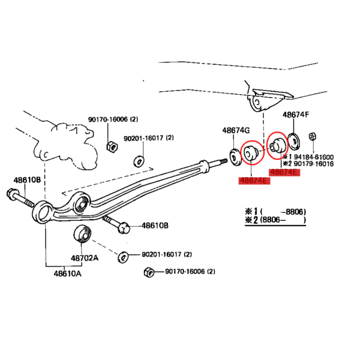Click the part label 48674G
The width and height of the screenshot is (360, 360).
(236, 130)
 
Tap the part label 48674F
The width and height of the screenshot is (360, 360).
(296, 115)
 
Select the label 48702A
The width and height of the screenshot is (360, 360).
(85, 258)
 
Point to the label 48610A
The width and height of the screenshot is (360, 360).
(67, 274)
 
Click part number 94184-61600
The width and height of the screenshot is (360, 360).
(314, 157)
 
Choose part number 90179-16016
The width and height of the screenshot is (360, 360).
(314, 164)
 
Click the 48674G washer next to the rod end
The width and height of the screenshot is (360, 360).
(236, 157)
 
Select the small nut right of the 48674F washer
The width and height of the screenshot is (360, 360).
(312, 136)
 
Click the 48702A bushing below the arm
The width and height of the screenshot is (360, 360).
(82, 234)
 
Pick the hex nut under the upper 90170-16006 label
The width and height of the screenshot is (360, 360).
(112, 146)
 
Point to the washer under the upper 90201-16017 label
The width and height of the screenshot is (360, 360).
(139, 161)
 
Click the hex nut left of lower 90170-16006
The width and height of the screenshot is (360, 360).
(149, 272)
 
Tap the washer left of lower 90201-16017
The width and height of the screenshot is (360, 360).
(123, 257)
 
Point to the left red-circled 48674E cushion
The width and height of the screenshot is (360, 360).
(251, 152)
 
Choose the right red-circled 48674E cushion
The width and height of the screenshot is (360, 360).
(277, 145)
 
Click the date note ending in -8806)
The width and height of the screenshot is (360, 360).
(275, 211)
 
